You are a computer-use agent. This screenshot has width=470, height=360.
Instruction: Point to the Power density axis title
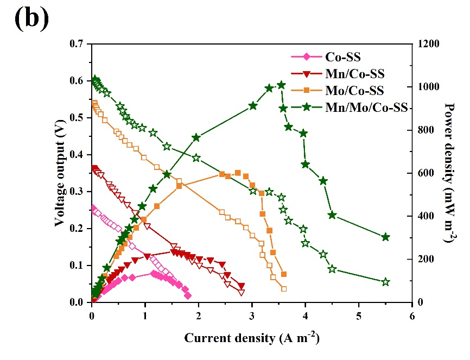click(449, 173)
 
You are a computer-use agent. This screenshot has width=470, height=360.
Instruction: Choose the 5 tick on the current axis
click(359, 314)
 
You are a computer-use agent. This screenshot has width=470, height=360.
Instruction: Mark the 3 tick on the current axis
click(252, 314)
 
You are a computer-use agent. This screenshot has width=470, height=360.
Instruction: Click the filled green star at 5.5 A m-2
click(386, 237)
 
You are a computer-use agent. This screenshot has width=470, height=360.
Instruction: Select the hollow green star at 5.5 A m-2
click(386, 282)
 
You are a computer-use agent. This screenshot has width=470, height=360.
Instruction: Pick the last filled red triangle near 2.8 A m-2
click(242, 286)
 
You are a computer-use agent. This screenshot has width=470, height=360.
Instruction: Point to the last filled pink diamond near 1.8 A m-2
click(188, 296)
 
